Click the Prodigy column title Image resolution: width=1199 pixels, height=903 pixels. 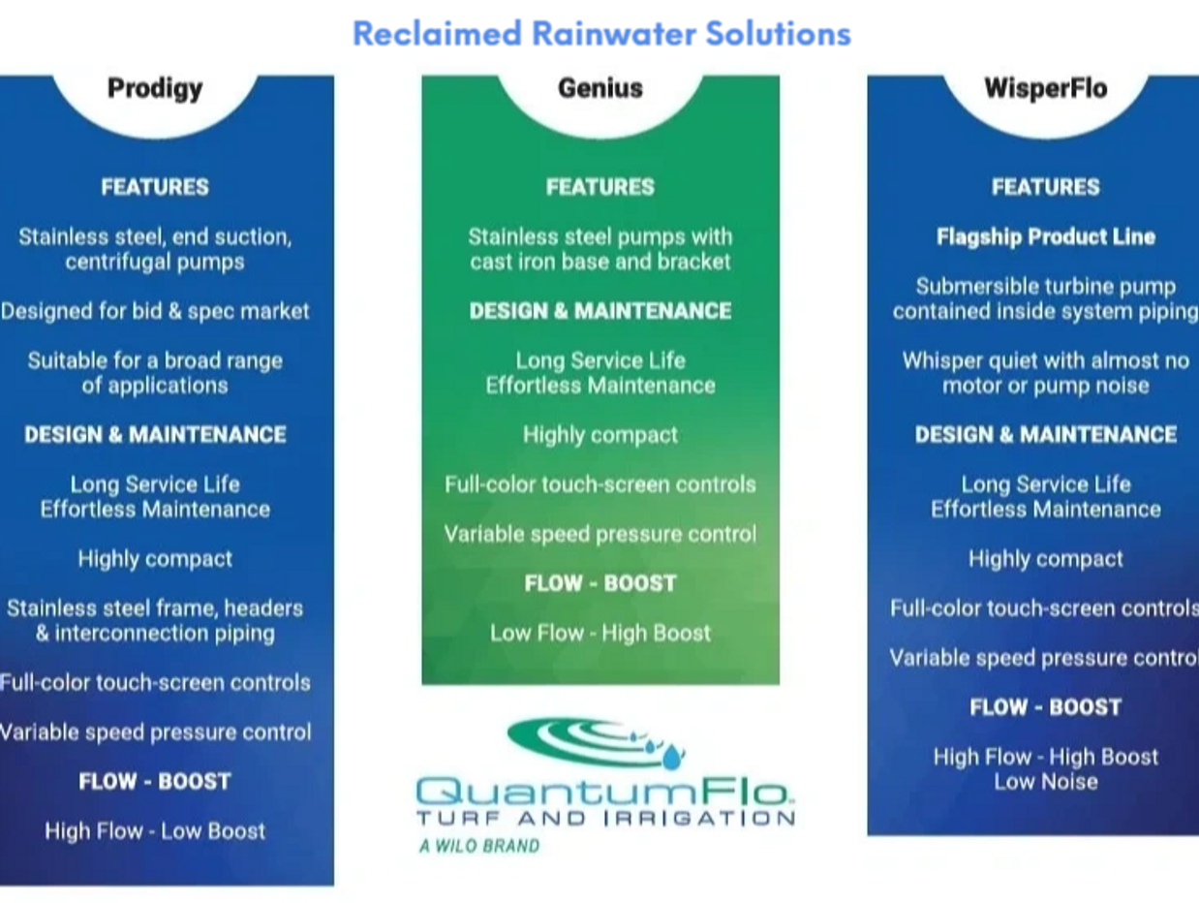coord(155,88)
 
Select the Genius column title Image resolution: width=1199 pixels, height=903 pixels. coord(599,88)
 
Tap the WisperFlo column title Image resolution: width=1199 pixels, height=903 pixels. coord(1045,88)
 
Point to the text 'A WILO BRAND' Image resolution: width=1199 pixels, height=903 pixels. coord(479,846)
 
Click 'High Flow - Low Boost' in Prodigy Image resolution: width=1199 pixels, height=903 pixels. coord(155,830)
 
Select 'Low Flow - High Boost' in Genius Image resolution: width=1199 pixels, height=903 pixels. coord(599,633)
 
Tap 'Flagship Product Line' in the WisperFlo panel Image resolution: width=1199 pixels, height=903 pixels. coord(1045,236)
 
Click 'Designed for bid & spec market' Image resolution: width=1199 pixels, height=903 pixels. coord(155,311)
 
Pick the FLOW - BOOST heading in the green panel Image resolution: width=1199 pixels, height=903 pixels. coord(599,583)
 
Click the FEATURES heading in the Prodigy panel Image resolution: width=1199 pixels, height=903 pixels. coord(155,187)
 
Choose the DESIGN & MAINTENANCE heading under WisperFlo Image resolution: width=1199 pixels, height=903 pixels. coord(1045,434)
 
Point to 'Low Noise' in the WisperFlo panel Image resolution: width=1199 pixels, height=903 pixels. coord(1045,782)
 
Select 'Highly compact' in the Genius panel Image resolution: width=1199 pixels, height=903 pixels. coord(599,435)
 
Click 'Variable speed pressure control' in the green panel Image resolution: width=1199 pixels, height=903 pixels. coord(599,534)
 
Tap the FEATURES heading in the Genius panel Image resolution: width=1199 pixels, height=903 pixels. coord(599,187)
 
